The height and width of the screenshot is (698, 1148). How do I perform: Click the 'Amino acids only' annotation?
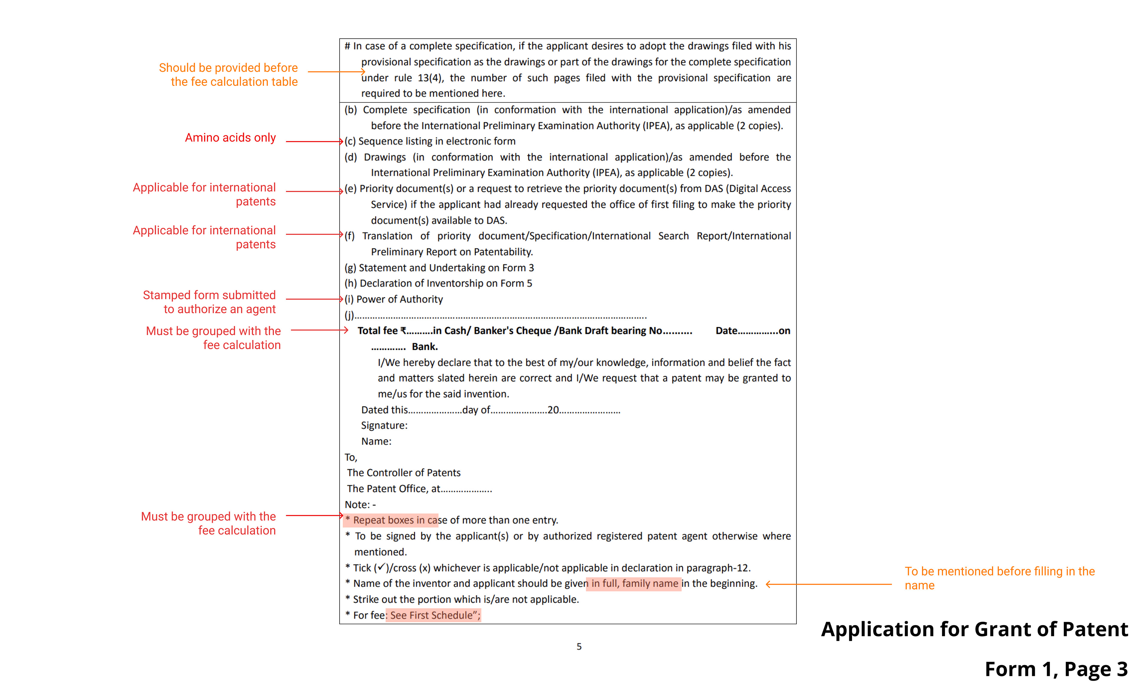(x=230, y=138)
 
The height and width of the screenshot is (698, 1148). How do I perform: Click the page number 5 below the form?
(x=579, y=647)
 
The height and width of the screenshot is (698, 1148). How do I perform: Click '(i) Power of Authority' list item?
(x=394, y=299)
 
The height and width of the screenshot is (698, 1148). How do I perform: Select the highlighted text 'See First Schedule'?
(x=433, y=615)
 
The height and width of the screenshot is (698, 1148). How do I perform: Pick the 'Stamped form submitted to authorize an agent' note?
(x=209, y=302)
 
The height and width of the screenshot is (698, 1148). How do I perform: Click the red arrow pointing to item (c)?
(x=315, y=141)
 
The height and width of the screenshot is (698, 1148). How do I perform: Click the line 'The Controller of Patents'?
(x=404, y=473)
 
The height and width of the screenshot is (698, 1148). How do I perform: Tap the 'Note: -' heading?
(x=360, y=504)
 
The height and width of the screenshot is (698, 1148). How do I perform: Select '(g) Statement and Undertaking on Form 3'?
(x=439, y=268)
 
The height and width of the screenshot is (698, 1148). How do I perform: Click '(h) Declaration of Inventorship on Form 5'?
(x=438, y=284)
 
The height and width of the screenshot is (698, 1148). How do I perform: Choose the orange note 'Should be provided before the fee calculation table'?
(x=228, y=74)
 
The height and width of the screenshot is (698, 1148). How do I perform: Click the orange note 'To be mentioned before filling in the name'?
(x=999, y=578)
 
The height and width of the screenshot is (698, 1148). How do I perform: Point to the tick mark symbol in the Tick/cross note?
(x=381, y=568)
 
